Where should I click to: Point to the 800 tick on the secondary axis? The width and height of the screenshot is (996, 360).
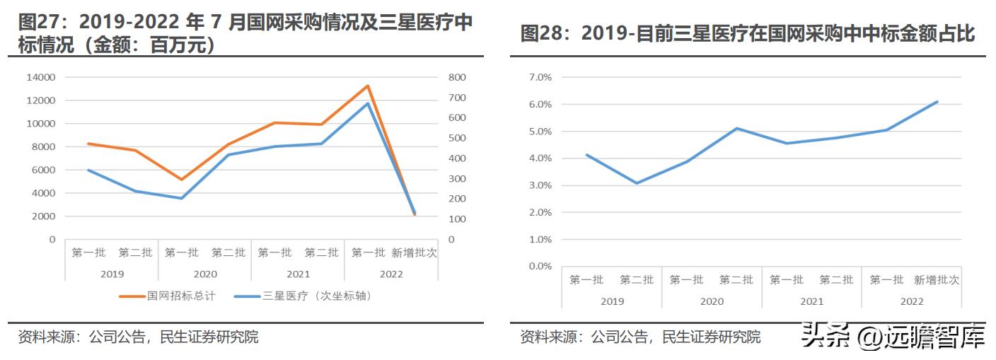coord(457,77)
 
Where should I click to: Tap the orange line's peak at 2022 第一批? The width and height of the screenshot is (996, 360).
coord(368,86)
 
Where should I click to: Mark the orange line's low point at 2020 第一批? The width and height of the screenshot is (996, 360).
coord(182,180)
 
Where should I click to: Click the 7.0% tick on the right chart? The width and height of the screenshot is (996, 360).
coord(540,77)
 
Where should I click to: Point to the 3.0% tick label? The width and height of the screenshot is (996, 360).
coord(540,185)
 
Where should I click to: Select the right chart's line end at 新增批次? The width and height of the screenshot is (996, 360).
coord(937,102)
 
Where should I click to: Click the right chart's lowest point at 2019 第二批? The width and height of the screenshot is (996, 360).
coord(637,183)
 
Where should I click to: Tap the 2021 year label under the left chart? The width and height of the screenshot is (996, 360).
coord(298,274)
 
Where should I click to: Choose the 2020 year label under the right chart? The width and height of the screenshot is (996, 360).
coord(712,301)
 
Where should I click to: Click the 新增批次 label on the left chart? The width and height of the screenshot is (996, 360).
coord(414,252)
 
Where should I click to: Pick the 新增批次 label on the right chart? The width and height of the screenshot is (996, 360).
coord(937,280)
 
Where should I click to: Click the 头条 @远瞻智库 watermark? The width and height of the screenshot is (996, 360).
coord(893,338)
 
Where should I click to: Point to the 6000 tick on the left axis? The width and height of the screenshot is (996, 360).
coord(45,170)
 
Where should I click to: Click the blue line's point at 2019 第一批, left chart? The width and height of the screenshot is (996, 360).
coord(88,170)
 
